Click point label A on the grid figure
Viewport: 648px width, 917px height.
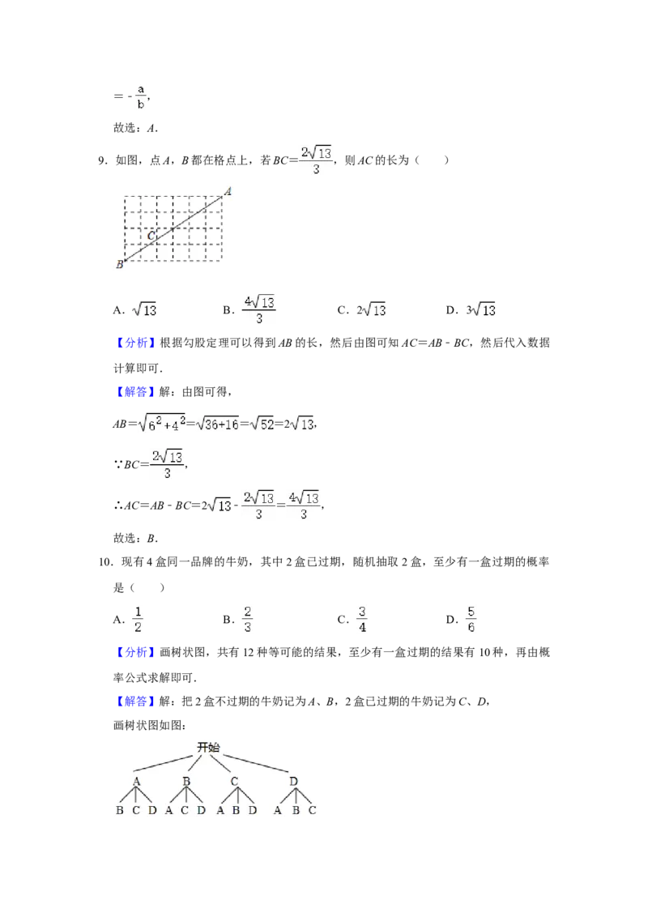click(228, 191)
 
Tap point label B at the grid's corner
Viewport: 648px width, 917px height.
click(119, 264)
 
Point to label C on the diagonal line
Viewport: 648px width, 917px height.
click(151, 236)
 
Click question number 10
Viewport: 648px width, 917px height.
click(105, 563)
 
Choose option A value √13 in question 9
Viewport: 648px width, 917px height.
click(144, 309)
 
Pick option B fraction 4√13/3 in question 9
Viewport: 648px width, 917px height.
click(259, 309)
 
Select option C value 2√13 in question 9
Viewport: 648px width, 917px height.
click(371, 309)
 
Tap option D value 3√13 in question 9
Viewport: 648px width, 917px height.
click(481, 309)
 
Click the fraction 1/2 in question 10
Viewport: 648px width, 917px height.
click(138, 620)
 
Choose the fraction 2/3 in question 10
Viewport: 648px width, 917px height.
click(247, 620)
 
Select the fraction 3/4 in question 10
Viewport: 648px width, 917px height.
click(362, 620)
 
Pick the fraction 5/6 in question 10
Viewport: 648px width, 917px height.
click(471, 620)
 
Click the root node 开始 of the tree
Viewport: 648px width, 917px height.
click(208, 748)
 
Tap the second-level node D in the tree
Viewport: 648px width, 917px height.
click(293, 782)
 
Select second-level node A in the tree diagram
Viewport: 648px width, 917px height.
click(136, 782)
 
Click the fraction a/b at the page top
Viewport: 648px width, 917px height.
click(141, 96)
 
